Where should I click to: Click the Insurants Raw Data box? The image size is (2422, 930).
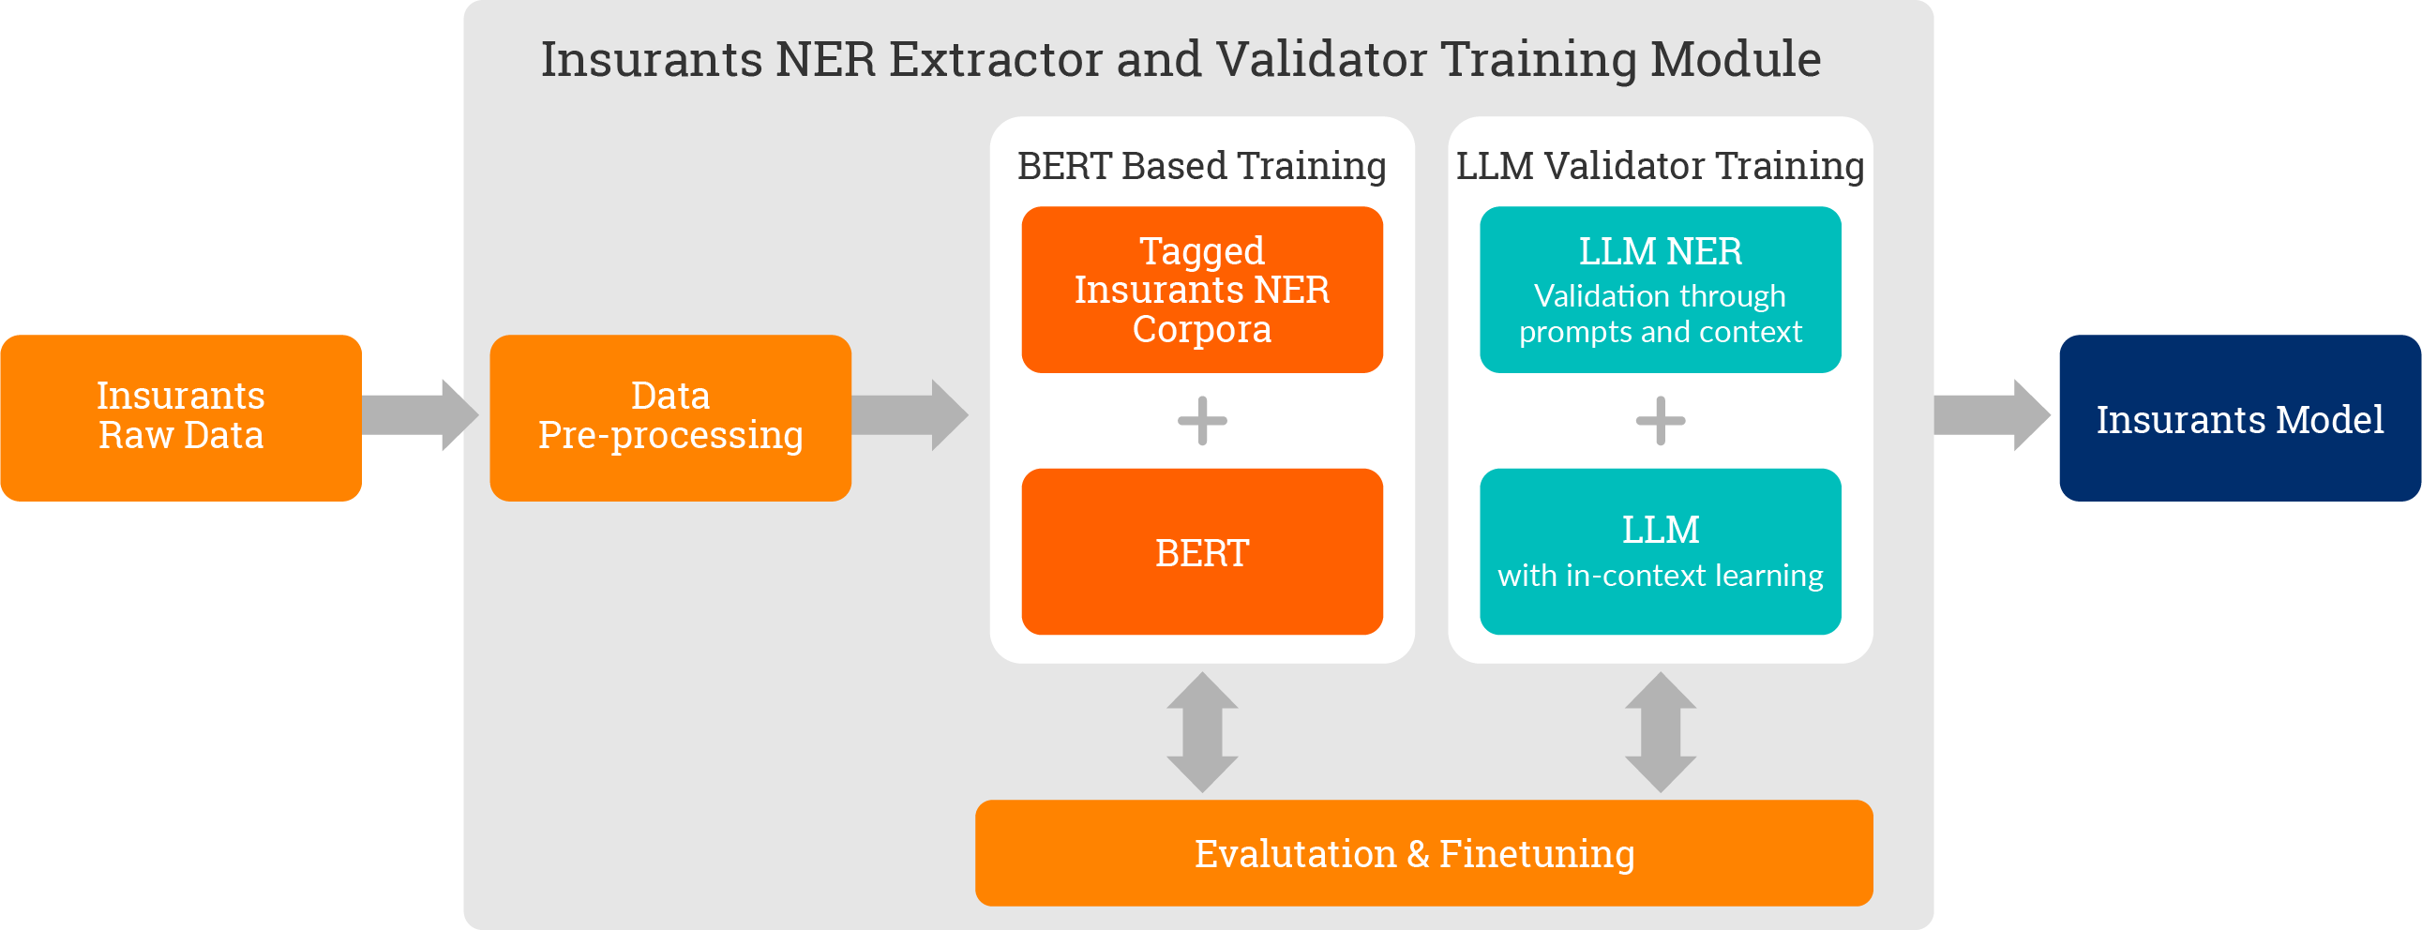(182, 417)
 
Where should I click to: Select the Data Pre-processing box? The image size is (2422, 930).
(670, 417)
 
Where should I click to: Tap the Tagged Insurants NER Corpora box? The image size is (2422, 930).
(1201, 290)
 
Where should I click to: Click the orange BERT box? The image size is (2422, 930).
(1201, 552)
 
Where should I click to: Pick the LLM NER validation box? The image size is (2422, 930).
(1661, 290)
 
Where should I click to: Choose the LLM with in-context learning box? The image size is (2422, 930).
(1661, 552)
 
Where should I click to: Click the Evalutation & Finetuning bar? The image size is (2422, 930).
(1423, 853)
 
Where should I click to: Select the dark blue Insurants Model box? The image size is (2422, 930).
(2239, 417)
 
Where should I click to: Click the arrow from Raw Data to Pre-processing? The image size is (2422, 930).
(420, 415)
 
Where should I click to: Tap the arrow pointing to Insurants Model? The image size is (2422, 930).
(1993, 415)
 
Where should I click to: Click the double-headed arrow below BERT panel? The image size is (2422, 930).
(1202, 731)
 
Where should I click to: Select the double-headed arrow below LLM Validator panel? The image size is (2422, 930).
(1661, 731)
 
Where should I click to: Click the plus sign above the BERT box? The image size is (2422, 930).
(1202, 420)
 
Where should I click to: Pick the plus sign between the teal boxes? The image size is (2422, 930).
(1661, 420)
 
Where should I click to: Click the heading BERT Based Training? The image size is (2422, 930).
(1201, 166)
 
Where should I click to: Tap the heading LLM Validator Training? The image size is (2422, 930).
(1661, 166)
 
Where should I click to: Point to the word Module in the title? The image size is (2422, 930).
(1736, 59)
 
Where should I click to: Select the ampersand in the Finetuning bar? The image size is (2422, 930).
(1419, 854)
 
